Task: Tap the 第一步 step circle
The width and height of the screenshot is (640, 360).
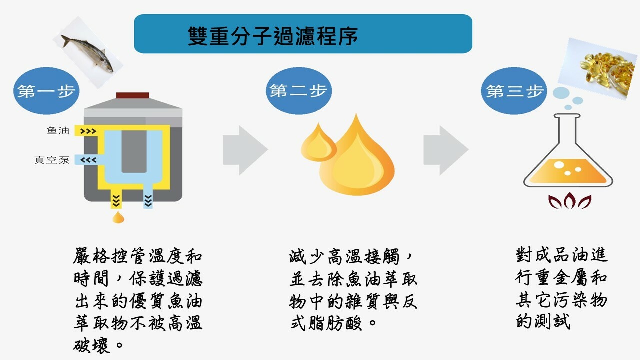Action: [x=46, y=91]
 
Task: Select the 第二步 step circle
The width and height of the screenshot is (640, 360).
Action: [x=298, y=91]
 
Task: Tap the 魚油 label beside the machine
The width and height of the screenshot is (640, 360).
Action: [x=58, y=131]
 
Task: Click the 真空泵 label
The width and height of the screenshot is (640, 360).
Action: [x=52, y=160]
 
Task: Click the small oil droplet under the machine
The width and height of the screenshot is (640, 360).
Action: [x=118, y=217]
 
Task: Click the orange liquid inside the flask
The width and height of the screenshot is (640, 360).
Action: [x=568, y=172]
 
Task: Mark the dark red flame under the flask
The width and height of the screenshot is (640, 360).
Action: [x=569, y=201]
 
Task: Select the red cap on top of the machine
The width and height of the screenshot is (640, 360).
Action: [x=132, y=95]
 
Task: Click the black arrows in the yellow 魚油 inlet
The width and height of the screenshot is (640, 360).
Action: [x=88, y=131]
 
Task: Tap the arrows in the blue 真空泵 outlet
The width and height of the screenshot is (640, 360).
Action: [x=88, y=160]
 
